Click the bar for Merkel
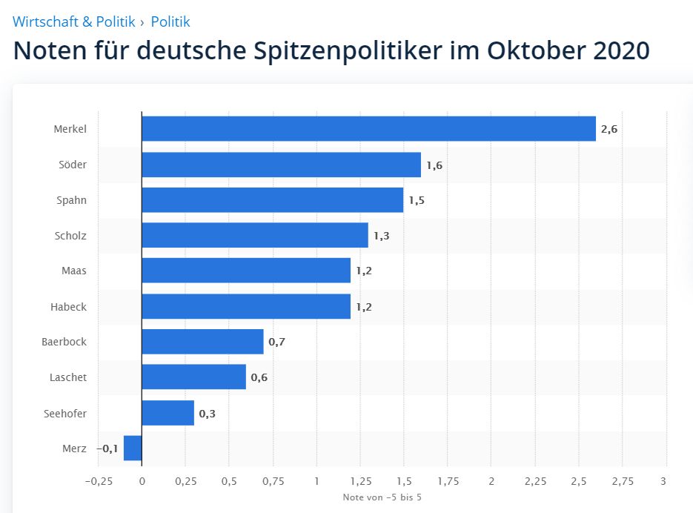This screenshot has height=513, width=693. (x=368, y=129)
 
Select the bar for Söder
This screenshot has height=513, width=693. (x=281, y=165)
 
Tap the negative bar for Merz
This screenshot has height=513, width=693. (x=133, y=449)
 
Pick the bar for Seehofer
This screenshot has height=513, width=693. (x=168, y=413)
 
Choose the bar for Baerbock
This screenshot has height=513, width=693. (x=202, y=342)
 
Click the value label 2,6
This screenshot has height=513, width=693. (x=609, y=129)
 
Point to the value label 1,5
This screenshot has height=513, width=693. (x=416, y=200)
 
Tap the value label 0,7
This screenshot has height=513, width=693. (x=276, y=342)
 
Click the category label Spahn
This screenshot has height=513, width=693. (x=71, y=200)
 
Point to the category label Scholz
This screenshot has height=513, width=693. (x=70, y=236)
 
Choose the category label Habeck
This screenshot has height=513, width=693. (x=70, y=306)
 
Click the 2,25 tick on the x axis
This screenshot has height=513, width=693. (x=534, y=480)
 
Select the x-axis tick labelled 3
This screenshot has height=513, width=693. (x=665, y=480)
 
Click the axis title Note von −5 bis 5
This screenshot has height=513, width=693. (x=382, y=497)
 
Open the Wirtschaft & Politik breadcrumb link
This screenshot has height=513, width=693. (x=74, y=22)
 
